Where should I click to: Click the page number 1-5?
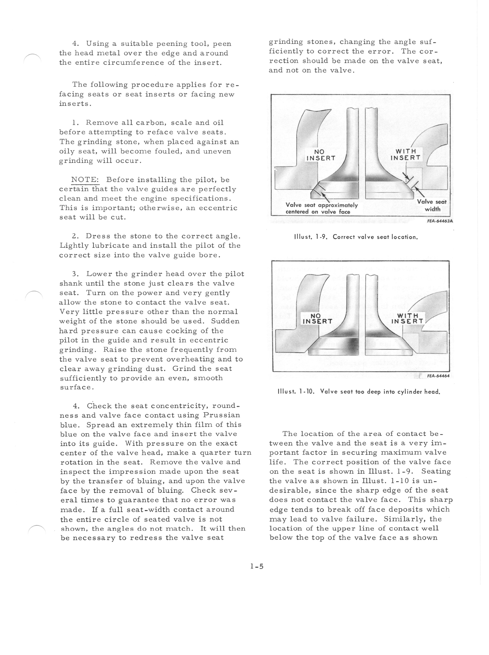(x=256, y=566)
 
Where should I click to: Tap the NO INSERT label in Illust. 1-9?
(x=320, y=155)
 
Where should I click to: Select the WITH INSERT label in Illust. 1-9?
(x=406, y=155)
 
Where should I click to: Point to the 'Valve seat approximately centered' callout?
(x=321, y=208)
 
